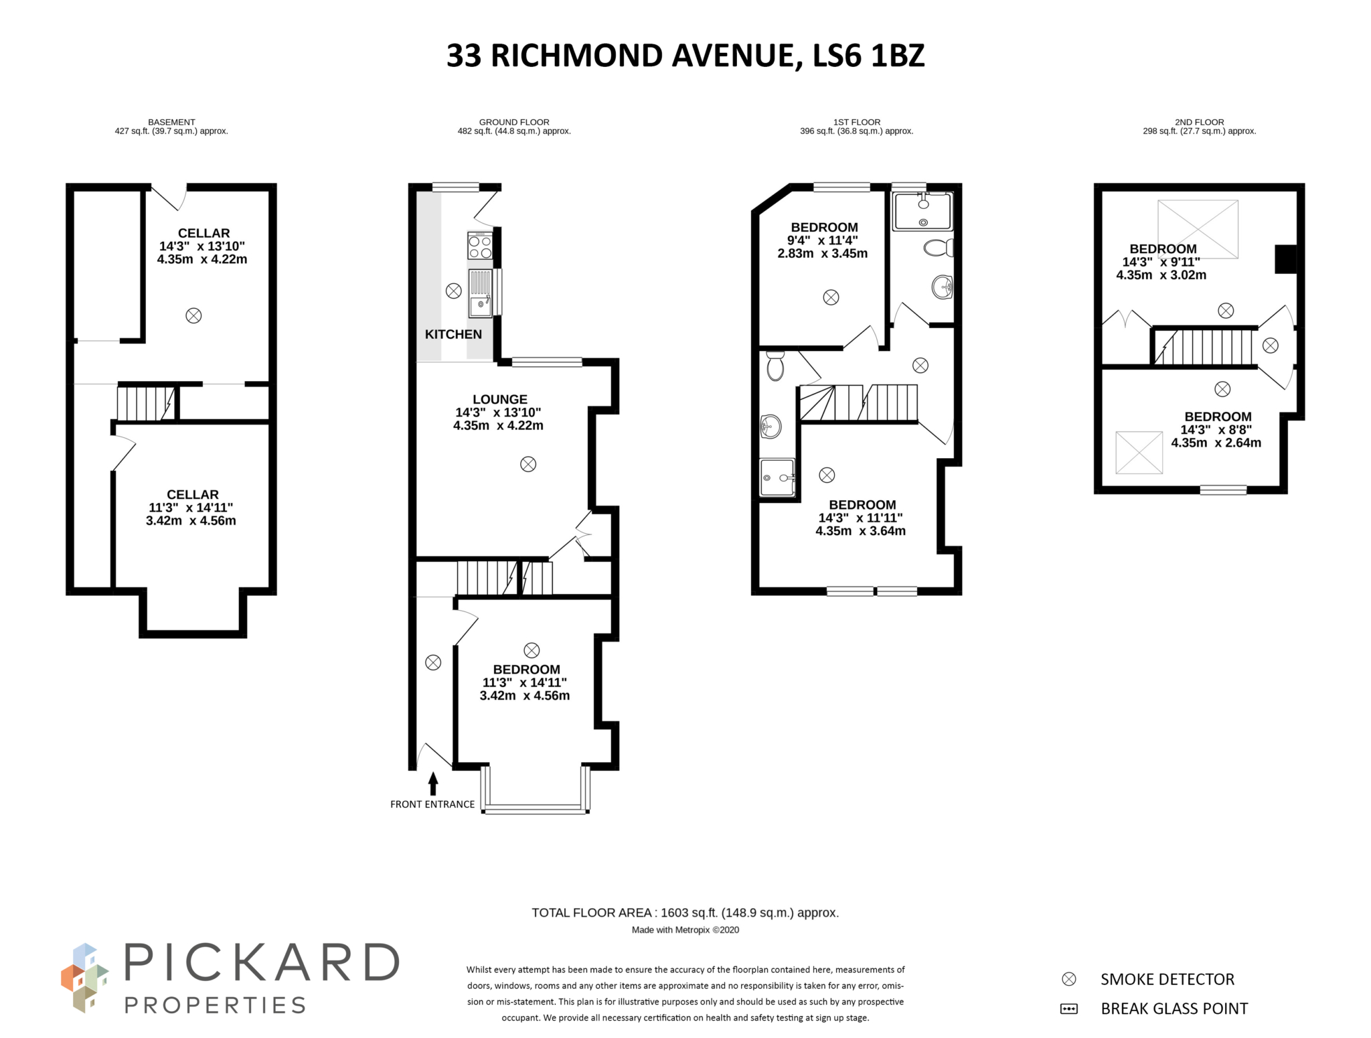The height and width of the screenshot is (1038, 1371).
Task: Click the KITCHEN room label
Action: point(453,334)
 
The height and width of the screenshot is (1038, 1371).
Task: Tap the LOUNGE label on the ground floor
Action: point(499,399)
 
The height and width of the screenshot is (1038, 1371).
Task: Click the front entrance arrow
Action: point(433,783)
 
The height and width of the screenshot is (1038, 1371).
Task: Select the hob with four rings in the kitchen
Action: point(480,246)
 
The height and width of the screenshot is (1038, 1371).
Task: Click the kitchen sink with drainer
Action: point(481,292)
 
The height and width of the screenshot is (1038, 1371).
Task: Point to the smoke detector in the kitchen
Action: point(453,291)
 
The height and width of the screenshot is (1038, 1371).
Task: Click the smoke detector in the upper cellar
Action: point(193,315)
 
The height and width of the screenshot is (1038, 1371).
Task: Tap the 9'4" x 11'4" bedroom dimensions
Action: point(822,240)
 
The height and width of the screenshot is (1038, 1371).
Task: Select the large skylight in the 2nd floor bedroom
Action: point(1198,229)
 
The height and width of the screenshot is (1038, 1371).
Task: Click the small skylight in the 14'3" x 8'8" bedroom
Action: point(1139,453)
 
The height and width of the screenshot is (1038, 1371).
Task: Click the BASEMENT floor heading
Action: point(171,122)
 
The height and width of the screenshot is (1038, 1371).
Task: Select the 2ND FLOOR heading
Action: point(1199,122)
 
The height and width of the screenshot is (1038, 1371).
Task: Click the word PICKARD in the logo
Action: point(262,964)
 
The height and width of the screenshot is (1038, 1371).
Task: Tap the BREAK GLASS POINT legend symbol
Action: point(1069,1009)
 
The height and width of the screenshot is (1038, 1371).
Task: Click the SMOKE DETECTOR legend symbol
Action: point(1069,979)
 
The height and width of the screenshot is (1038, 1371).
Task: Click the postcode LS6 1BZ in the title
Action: point(868,56)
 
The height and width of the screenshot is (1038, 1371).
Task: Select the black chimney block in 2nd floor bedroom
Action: point(1285,259)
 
